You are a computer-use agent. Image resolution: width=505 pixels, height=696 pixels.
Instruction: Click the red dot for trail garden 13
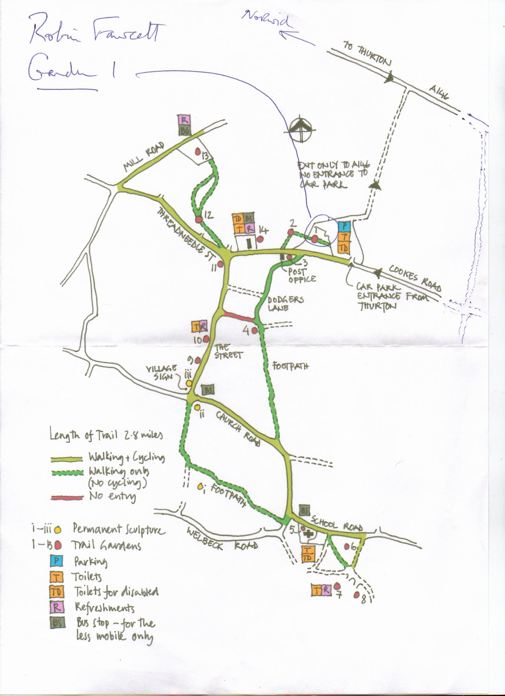[198, 153]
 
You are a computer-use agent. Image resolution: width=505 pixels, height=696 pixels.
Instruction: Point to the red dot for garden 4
[255, 331]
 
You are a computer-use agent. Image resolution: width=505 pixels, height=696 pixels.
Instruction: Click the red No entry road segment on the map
[238, 316]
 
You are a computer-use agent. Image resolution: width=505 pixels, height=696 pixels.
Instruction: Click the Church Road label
[238, 428]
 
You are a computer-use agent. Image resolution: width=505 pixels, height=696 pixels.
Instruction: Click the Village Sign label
[162, 373]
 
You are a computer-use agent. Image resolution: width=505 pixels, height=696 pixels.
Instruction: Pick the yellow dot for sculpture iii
[189, 383]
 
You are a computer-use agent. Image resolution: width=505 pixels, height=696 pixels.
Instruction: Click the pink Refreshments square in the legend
[57, 607]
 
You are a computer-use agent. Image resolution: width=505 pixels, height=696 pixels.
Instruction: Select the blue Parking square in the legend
[57, 561]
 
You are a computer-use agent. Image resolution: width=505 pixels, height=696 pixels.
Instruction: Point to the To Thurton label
[367, 54]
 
